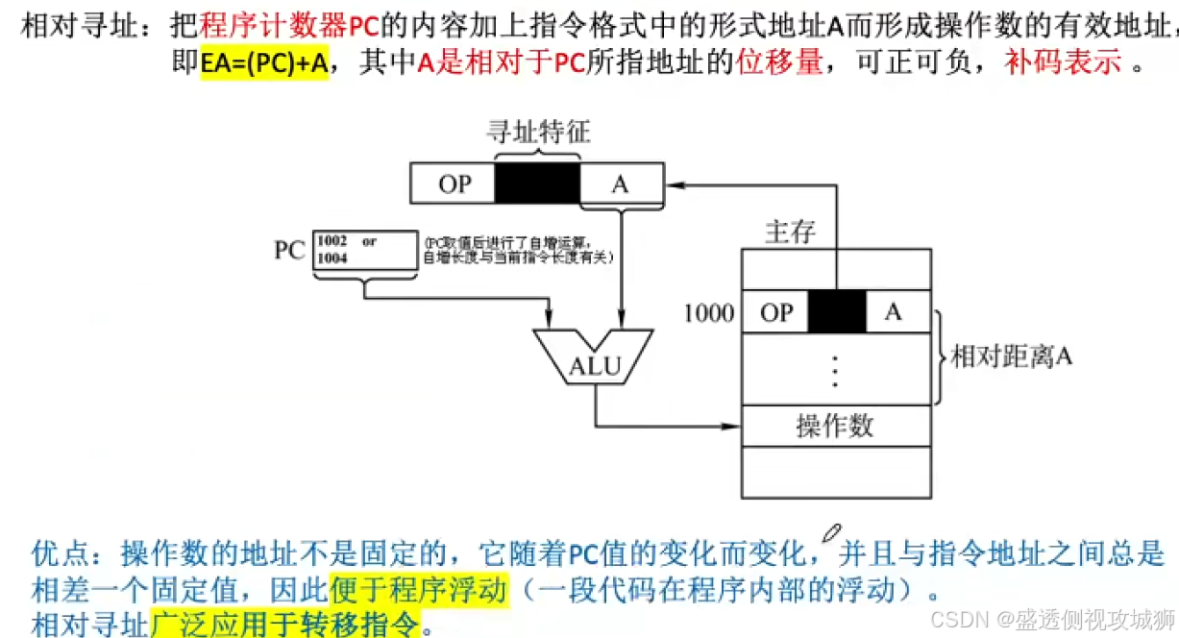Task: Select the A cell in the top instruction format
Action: pos(621,184)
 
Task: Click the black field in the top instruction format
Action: pos(537,184)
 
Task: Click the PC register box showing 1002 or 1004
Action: pos(365,250)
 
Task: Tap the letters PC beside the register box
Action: pos(289,251)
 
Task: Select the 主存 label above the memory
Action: pos(790,232)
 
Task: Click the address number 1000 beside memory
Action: pos(709,312)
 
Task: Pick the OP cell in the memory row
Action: pos(775,312)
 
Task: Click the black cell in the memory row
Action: pos(837,312)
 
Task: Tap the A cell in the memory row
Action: pos(894,312)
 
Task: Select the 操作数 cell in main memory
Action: pos(835,425)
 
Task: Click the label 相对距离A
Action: pos(1011,357)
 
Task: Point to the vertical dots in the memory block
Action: pos(835,369)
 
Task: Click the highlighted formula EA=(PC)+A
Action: pos(264,64)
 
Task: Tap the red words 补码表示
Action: pos(1063,64)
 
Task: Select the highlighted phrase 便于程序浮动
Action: pos(417,588)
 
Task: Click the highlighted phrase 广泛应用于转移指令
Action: pos(285,623)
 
